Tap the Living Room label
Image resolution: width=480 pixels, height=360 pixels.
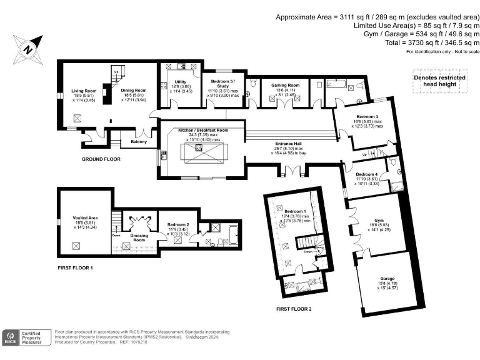coord(82,91)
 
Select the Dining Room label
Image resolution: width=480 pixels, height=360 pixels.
coord(133,91)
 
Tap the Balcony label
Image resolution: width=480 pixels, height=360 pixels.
coord(139,142)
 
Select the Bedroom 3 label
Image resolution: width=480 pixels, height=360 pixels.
coord(366,117)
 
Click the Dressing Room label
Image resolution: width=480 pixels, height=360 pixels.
coord(139,237)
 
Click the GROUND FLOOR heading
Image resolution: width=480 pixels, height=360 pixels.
coord(101,159)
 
